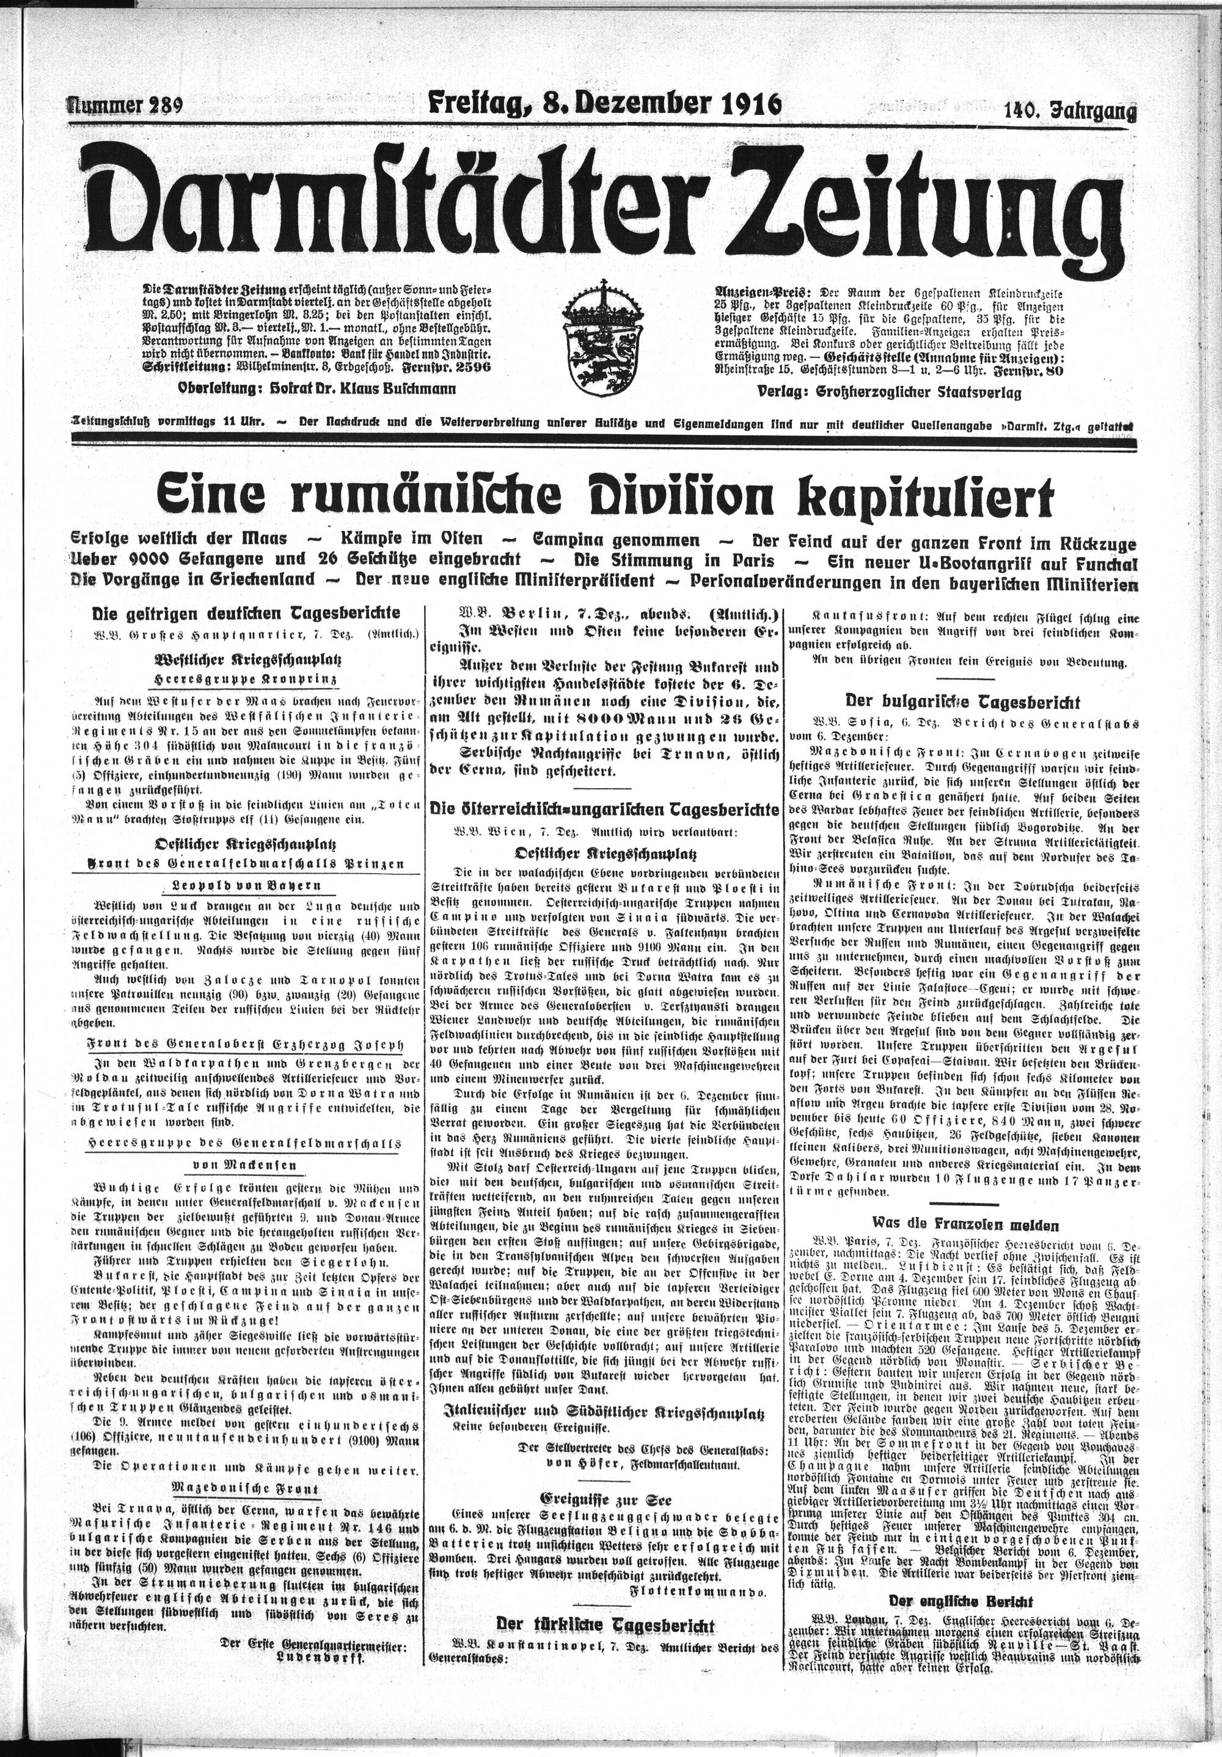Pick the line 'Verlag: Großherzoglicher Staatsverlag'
tap(888, 393)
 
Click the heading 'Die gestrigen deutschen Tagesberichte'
tap(245, 614)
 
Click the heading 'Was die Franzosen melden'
tap(954, 1225)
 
